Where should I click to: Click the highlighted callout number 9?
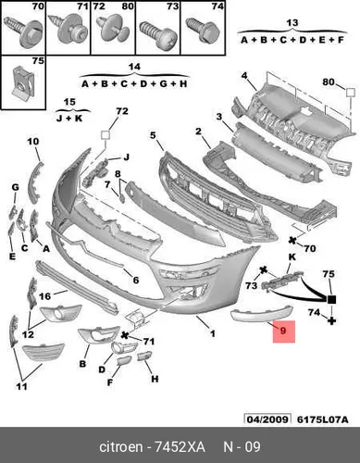[x=284, y=332]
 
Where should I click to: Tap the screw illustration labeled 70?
[x=23, y=31]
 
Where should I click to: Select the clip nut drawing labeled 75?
[x=23, y=81]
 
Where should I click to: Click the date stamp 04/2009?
[x=267, y=419]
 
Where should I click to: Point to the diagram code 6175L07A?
[x=323, y=419]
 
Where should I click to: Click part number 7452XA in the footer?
[x=180, y=446]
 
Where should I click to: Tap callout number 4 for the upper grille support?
[x=244, y=75]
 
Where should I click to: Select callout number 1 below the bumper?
[x=213, y=333]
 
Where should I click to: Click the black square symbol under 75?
[x=331, y=299]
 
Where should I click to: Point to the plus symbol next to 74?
[x=331, y=320]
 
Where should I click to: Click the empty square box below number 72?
[x=106, y=135]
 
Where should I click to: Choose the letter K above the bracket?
[x=292, y=257]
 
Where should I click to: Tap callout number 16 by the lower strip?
[x=44, y=296]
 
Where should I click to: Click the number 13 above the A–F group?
[x=292, y=22]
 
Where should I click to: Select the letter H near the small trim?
[x=155, y=379]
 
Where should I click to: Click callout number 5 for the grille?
[x=154, y=135]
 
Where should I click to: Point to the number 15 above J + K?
[x=69, y=102]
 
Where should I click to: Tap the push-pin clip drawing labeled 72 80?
[x=113, y=31]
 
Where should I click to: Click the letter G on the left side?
[x=15, y=187]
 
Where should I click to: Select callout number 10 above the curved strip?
[x=33, y=142]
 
